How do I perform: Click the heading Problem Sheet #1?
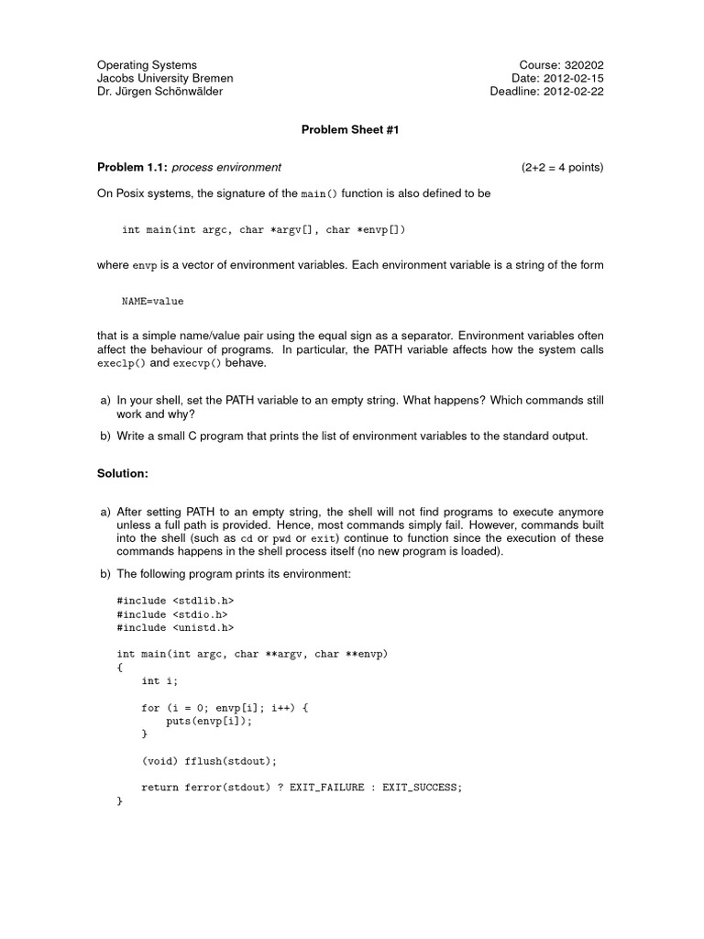pyautogui.click(x=351, y=129)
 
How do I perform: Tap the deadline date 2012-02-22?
pyautogui.click(x=574, y=92)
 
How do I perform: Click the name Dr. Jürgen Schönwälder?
pyautogui.click(x=159, y=92)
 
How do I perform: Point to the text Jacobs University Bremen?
pyautogui.click(x=165, y=78)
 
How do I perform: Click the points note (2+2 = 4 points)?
pyautogui.click(x=563, y=167)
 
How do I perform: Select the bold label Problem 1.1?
pyautogui.click(x=132, y=167)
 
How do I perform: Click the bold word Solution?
pyautogui.click(x=122, y=473)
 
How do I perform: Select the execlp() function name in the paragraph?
pyautogui.click(x=121, y=363)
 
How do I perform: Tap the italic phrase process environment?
pyautogui.click(x=226, y=167)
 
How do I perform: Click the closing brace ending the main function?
pyautogui.click(x=120, y=801)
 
